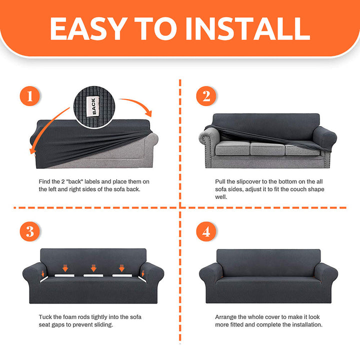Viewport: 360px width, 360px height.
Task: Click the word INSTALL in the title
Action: (247, 29)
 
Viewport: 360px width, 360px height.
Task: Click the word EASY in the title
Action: (88, 29)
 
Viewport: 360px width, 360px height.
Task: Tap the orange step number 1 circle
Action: (29, 96)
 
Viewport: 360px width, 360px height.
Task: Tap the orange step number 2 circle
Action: (206, 96)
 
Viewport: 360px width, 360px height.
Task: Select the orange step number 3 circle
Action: (29, 231)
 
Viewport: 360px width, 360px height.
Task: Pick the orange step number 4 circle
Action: (206, 231)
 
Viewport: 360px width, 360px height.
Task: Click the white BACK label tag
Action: (93, 106)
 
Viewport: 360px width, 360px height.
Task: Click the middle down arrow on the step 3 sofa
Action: (93, 268)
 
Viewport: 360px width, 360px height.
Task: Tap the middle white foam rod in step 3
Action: (93, 275)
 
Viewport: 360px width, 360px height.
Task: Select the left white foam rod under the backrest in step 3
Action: (64, 275)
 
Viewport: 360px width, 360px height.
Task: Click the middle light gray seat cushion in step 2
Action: (267, 148)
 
